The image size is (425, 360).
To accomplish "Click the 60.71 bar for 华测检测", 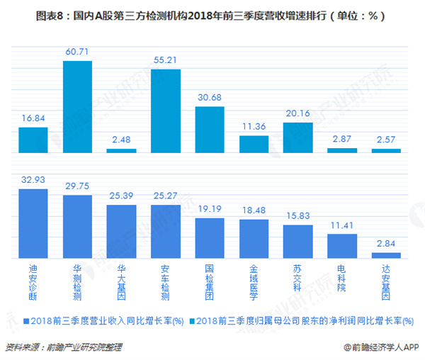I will [x=78, y=107].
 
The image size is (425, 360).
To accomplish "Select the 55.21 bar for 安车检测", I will [x=166, y=111].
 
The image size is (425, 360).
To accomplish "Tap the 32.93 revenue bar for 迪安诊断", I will [x=33, y=223].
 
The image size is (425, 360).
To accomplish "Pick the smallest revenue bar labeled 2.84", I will [x=386, y=255].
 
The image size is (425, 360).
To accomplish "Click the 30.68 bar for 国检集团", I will [x=210, y=130].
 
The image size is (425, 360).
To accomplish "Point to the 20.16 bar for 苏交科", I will [x=298, y=137].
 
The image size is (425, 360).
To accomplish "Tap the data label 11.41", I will [x=342, y=226].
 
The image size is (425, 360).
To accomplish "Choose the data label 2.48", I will [x=122, y=141].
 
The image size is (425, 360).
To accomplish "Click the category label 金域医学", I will [x=254, y=279].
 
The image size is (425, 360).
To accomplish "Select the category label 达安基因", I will [x=386, y=279].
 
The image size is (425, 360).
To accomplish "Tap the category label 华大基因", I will [x=122, y=279].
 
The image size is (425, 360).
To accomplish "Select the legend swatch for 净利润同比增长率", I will [x=195, y=321].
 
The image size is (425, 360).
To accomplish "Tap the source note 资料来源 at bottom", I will [x=64, y=347].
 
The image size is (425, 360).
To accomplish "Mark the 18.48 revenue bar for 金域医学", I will [x=254, y=238].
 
